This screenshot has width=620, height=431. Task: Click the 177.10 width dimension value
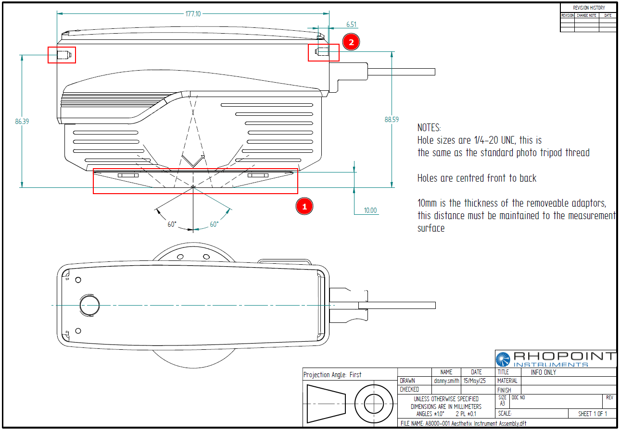[193, 14]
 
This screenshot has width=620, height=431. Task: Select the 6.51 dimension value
[351, 24]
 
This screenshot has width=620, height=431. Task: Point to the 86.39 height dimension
[22, 122]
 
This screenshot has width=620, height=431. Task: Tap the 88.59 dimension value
[392, 120]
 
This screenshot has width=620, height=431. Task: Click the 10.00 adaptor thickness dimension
[370, 210]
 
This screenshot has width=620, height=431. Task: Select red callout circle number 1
[304, 206]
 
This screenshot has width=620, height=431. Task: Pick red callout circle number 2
[351, 42]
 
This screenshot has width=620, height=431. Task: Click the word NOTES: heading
[429, 128]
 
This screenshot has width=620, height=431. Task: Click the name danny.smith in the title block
[446, 381]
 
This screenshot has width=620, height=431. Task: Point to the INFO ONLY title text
[544, 372]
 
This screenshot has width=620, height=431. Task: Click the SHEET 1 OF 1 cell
[592, 414]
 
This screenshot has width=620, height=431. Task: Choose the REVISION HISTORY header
[588, 8]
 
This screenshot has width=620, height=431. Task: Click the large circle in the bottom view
[89, 305]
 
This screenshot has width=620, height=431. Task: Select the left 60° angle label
[172, 224]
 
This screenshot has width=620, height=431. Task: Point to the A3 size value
[502, 404]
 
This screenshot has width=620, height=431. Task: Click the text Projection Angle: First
[332, 375]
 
